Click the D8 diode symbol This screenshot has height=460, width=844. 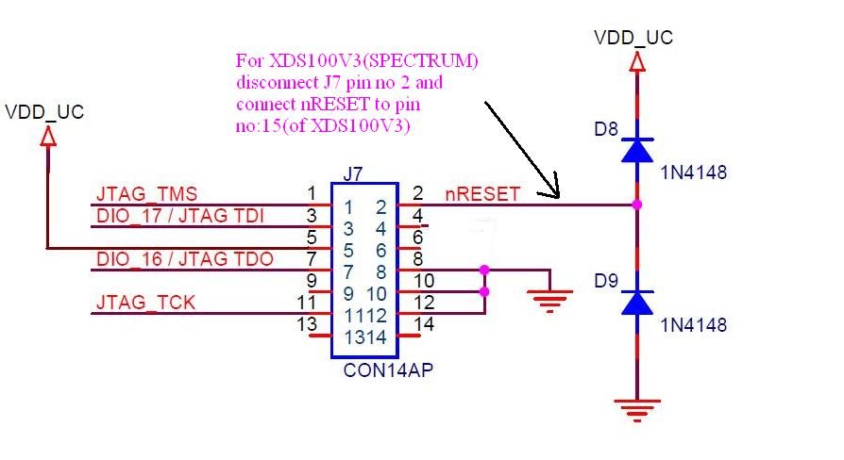click(637, 150)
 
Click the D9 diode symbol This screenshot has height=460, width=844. click(637, 303)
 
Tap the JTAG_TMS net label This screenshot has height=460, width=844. click(147, 193)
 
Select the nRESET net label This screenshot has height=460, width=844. click(482, 193)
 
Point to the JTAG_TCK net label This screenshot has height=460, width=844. click(145, 302)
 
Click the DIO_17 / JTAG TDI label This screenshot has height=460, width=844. click(180, 216)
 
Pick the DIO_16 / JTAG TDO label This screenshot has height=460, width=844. click(185, 259)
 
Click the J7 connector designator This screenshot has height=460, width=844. click(353, 174)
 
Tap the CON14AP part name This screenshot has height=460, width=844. click(388, 370)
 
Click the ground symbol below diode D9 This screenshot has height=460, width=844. click(637, 410)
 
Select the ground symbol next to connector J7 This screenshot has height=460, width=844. click(549, 301)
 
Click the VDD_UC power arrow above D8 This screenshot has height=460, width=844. click(637, 62)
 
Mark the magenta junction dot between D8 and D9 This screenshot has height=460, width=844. click(637, 205)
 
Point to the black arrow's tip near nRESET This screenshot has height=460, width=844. click(559, 198)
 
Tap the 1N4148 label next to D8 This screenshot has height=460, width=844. click(694, 172)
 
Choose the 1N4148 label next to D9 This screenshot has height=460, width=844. click(694, 325)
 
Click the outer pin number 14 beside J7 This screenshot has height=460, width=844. click(424, 324)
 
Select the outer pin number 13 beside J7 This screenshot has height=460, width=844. click(307, 324)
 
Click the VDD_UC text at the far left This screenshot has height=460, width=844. click(44, 112)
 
